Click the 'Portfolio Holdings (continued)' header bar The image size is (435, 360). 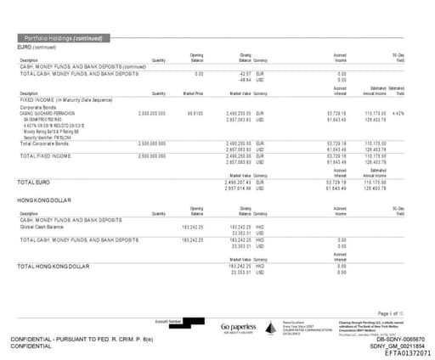coord(63,39)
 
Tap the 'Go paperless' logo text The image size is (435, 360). coord(239,326)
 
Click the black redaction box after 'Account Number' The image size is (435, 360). coord(195,323)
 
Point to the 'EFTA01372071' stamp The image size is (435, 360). coord(407,352)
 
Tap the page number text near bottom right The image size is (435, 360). coord(402,312)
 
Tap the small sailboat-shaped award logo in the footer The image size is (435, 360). coord(273,327)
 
